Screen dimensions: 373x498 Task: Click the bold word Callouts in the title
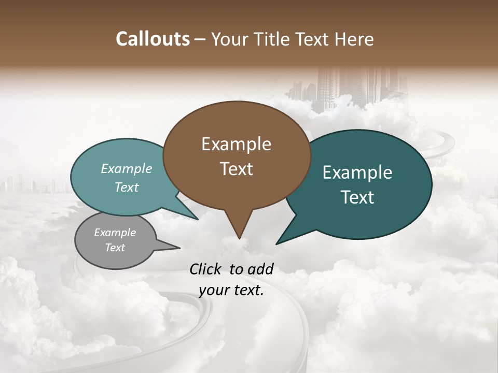[153, 39]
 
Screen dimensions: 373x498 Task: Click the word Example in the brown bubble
[236, 144]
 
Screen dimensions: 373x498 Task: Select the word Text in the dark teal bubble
[357, 197]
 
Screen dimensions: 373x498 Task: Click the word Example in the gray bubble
[115, 233]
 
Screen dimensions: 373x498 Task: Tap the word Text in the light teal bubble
[127, 187]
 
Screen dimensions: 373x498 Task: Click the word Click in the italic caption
[206, 269]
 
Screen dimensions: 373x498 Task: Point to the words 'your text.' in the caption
[231, 290]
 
